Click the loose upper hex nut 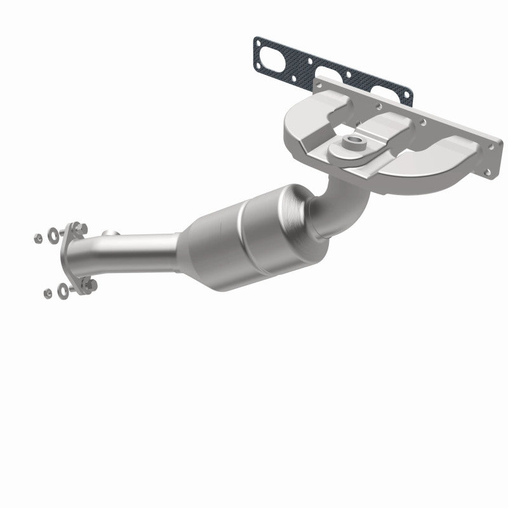39,238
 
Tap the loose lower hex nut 48,293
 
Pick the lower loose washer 63,290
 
